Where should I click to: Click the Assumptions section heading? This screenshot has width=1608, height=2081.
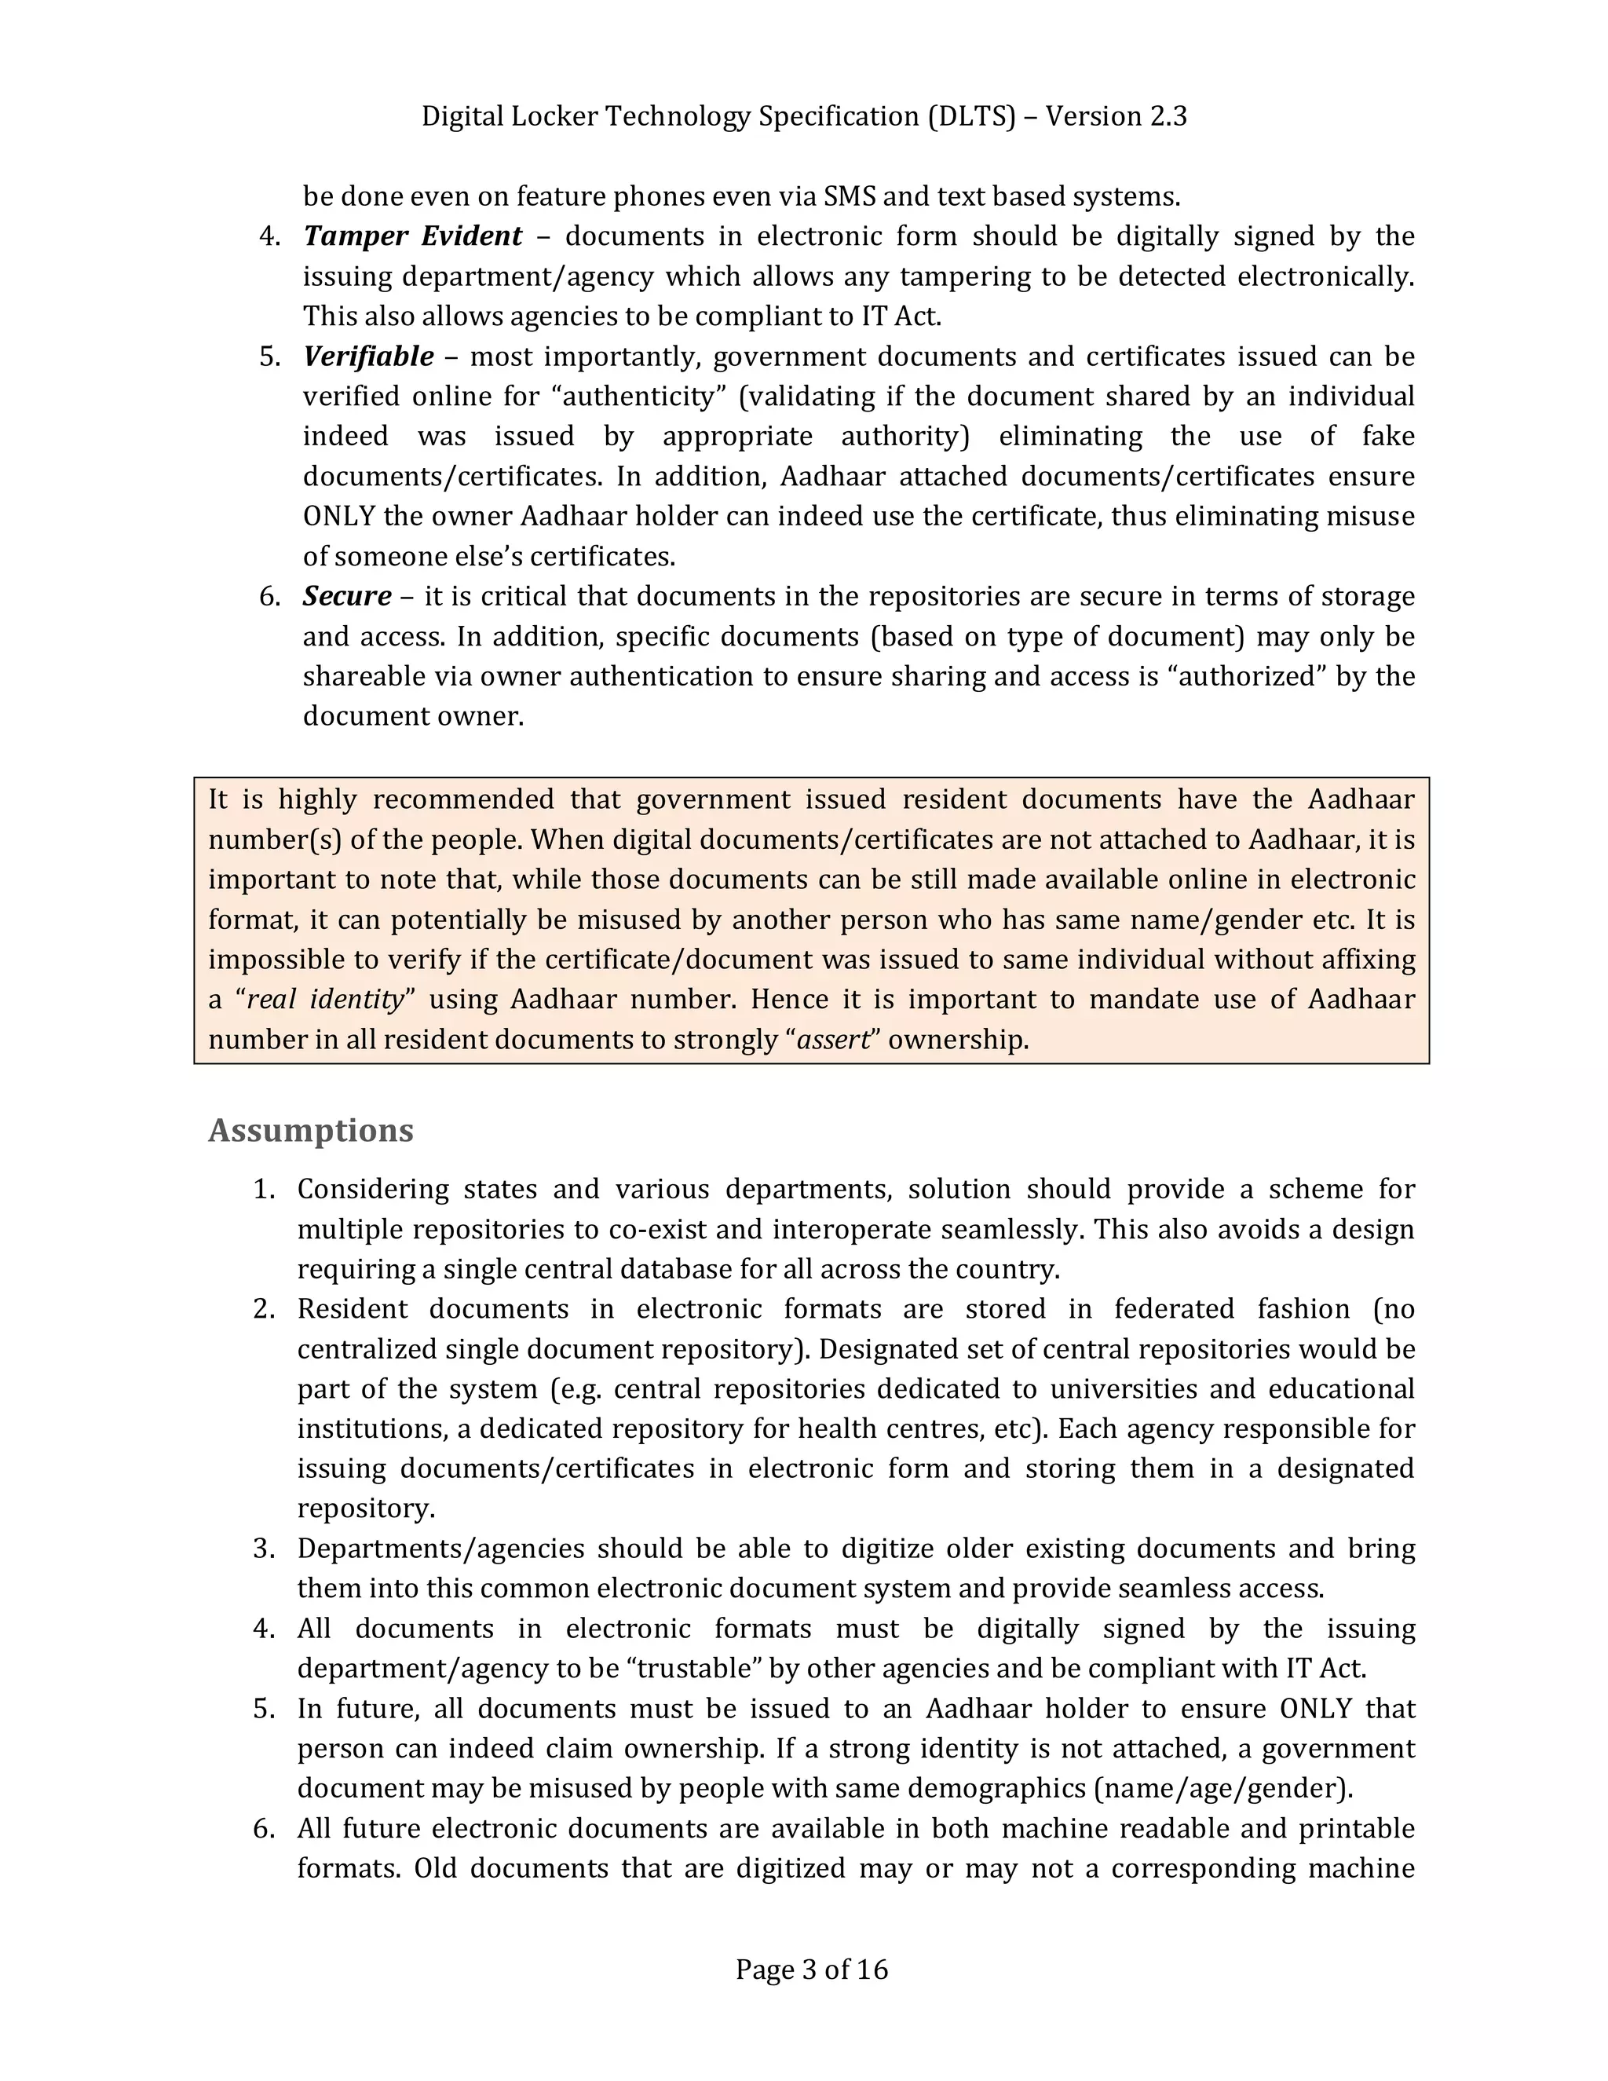(311, 1130)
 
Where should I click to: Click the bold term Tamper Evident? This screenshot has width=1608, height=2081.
(412, 236)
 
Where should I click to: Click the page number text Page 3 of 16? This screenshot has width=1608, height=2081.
(812, 1969)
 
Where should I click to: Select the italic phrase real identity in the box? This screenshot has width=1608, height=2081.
(325, 999)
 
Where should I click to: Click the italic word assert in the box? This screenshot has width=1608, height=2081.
(834, 1039)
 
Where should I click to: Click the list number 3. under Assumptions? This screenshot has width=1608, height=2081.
(264, 1549)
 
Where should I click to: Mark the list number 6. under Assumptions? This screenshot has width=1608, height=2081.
(264, 1828)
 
